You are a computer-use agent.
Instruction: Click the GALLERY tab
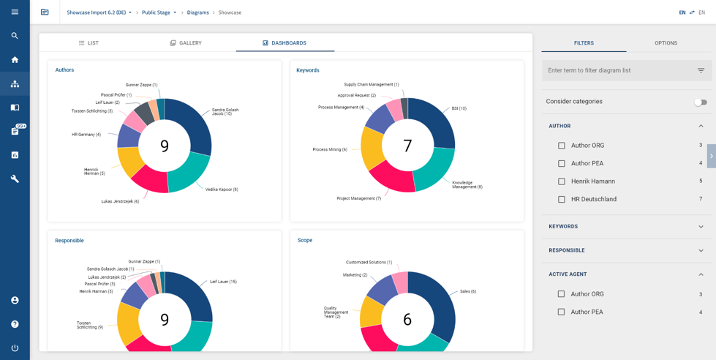coord(186,43)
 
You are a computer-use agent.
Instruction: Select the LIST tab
coord(88,43)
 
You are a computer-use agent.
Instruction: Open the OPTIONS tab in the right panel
coord(666,43)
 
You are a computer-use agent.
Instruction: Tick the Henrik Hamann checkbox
coord(562,181)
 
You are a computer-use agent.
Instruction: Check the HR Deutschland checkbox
coord(562,199)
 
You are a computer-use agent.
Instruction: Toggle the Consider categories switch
coord(700,102)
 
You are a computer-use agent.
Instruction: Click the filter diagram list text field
coord(618,70)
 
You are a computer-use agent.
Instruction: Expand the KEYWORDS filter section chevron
coord(701,227)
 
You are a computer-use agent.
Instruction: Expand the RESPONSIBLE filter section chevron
coord(701,250)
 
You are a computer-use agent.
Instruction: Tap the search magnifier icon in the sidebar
coord(15,36)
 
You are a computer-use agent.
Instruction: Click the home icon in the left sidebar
coord(15,60)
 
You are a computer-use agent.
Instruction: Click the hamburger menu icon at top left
coord(15,12)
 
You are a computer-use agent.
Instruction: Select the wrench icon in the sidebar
coord(15,179)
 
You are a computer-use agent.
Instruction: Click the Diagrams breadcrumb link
coord(197,12)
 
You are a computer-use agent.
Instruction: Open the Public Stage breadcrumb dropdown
coord(159,12)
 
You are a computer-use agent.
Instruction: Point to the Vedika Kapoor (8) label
coord(222,190)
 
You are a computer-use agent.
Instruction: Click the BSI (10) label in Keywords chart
coord(459,108)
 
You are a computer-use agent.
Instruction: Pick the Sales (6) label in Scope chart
coord(468,291)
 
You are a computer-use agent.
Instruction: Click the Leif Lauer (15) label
coord(223,282)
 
